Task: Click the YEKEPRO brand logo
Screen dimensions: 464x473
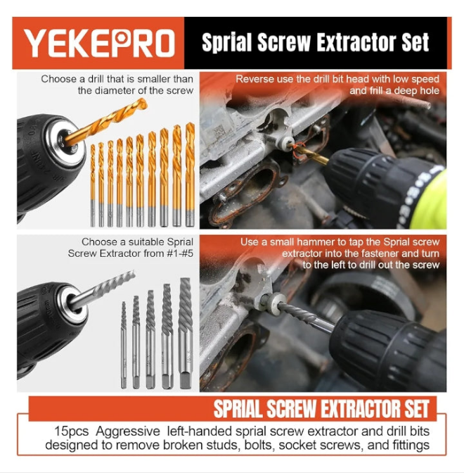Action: pos(99,43)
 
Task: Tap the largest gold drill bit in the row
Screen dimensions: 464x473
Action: pos(190,175)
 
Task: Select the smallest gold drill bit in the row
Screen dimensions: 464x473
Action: pos(93,185)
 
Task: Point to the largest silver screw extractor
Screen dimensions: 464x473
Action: pos(186,333)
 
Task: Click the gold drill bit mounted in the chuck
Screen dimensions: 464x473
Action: pos(105,122)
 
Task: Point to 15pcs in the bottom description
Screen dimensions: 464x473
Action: pos(72,431)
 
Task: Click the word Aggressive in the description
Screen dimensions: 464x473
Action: pos(128,431)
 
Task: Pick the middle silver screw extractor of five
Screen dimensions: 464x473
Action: pos(150,339)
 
